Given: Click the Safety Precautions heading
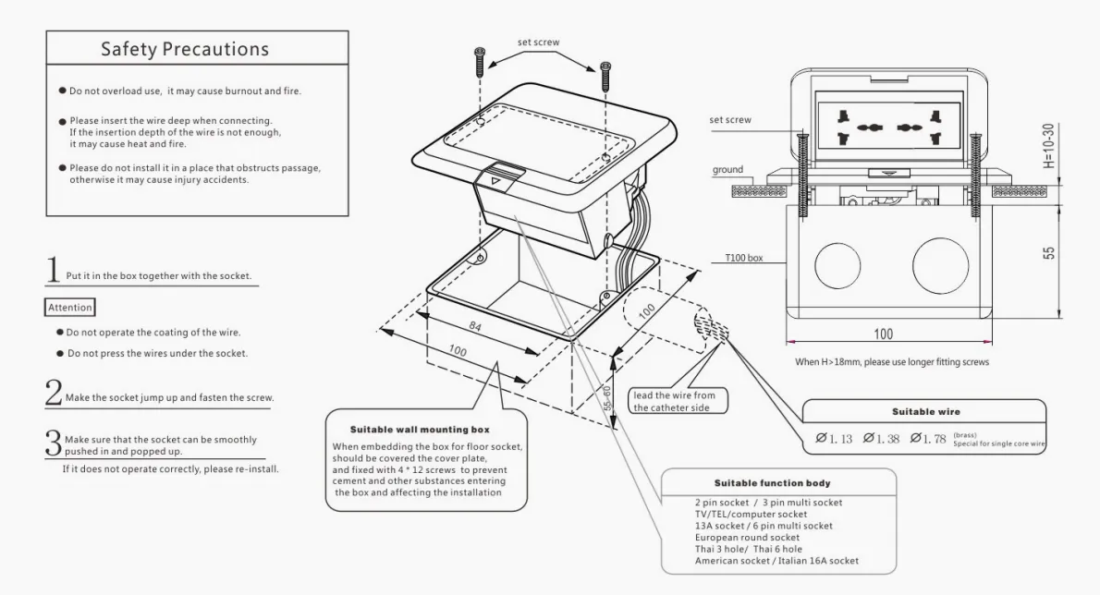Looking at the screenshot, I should (x=185, y=50).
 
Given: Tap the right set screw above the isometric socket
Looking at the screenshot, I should (x=605, y=76).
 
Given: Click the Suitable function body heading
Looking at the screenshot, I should (x=772, y=483).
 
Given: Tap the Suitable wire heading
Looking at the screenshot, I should (x=922, y=411).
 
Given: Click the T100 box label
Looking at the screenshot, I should (x=744, y=259).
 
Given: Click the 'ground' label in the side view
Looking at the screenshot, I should (x=727, y=170).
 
